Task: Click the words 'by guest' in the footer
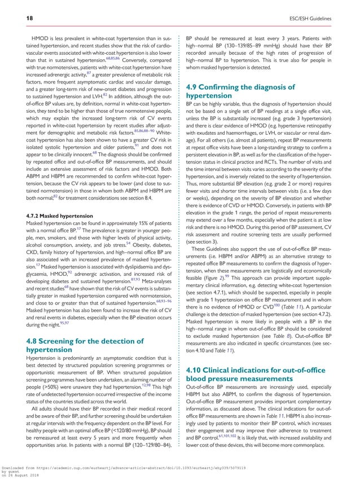(x=12, y=472)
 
